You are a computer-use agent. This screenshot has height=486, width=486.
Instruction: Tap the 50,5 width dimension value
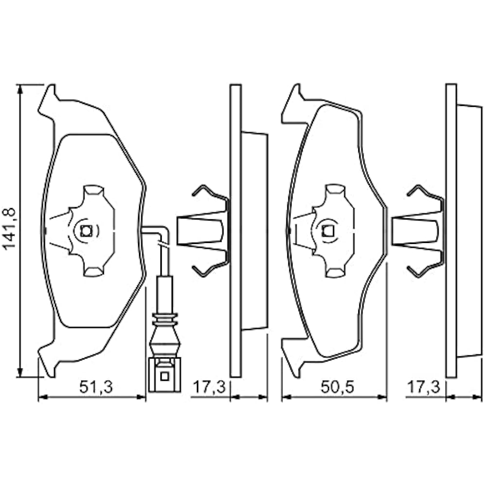pyautogui.click(x=335, y=387)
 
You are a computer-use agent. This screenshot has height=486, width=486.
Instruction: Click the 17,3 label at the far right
pyautogui.click(x=423, y=387)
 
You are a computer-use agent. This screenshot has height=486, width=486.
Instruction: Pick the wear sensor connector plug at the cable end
pyautogui.click(x=164, y=374)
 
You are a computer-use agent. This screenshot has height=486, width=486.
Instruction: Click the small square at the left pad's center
pyautogui.click(x=87, y=231)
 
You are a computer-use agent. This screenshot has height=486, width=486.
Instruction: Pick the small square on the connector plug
pyautogui.click(x=164, y=376)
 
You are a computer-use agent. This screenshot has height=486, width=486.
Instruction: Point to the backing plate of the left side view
pyautogui.click(x=235, y=230)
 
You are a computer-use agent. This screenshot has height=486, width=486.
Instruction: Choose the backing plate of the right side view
pyautogui.click(x=451, y=230)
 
